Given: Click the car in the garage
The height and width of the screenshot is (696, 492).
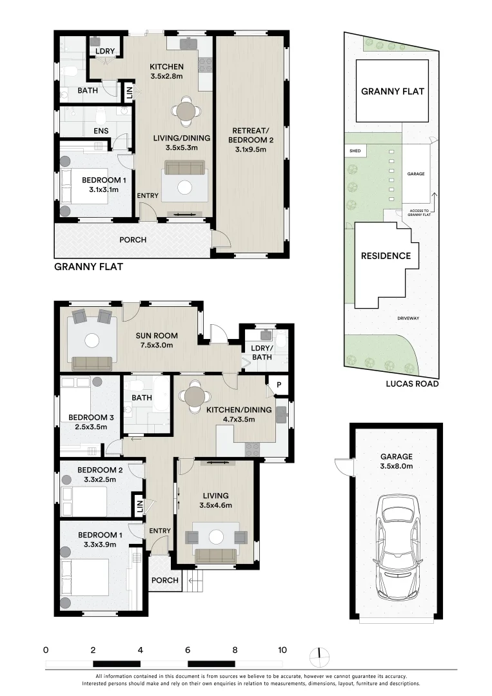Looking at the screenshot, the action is [x=397, y=547].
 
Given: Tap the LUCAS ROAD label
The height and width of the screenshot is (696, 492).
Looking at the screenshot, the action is [x=412, y=384].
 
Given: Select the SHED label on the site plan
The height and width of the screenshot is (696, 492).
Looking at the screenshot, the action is [x=355, y=151].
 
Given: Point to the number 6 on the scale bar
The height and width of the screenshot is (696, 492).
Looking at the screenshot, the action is [x=188, y=650].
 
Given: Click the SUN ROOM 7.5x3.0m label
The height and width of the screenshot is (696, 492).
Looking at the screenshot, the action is [x=156, y=340].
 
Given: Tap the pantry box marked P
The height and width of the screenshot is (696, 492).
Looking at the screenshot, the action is [x=279, y=385].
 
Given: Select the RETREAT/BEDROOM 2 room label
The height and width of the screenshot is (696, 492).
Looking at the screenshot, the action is [x=250, y=140].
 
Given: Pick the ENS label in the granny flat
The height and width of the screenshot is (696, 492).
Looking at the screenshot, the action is [x=101, y=131].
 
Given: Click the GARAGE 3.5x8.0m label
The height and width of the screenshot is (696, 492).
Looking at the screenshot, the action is [x=396, y=461].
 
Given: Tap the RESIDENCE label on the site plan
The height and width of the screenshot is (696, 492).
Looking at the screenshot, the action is [x=386, y=256].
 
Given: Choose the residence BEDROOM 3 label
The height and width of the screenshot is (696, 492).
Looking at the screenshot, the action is [x=90, y=421].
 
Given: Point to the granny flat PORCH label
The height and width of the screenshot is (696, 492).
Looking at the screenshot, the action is [x=133, y=240].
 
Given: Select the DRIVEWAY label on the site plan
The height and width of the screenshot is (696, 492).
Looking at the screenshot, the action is [x=409, y=318].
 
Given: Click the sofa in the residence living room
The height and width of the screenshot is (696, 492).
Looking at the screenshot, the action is [x=216, y=556].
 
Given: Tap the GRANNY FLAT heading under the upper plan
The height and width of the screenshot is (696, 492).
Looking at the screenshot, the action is [x=88, y=267].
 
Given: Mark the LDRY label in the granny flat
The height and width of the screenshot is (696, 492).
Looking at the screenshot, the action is [x=105, y=51].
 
